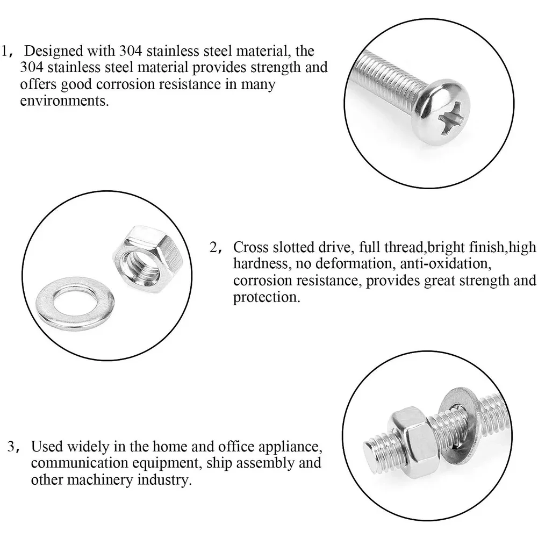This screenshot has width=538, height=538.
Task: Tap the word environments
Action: coord(64,101)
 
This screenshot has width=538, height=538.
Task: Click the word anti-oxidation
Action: coord(446,263)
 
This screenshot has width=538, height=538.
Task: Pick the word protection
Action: coord(267,297)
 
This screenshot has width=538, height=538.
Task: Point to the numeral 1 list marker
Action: coord(4,51)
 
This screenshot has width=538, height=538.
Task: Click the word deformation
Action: coord(354,263)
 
